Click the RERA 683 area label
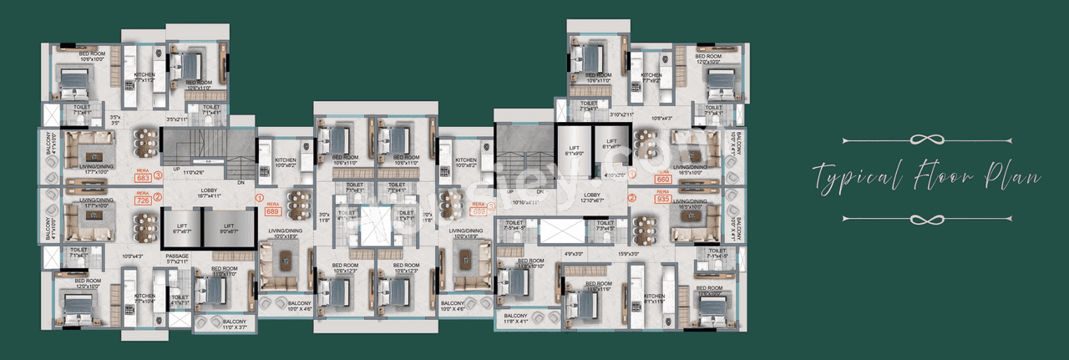tap(143, 175)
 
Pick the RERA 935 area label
tap(664, 198)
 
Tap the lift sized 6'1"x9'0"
tap(574, 148)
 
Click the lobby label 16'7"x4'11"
tap(209, 194)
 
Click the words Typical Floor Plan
tap(927, 178)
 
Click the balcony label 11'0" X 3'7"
tap(234, 325)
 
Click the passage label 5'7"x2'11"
tap(177, 260)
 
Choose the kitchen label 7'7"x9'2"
tap(652, 79)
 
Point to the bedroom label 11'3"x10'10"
tap(530, 263)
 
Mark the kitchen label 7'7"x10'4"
tap(145, 298)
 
